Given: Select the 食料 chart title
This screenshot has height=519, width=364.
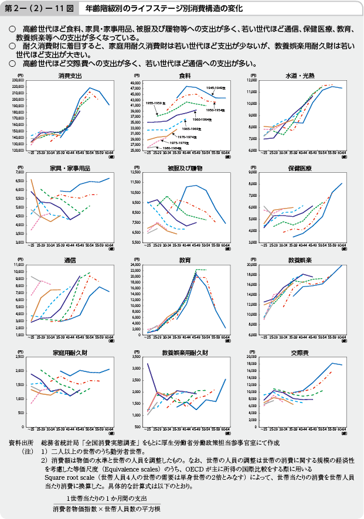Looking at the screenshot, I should [x=185, y=76].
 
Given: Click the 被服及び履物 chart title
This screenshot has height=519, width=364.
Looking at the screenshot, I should [x=185, y=168].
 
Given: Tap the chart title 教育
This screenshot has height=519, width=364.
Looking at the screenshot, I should [x=185, y=259].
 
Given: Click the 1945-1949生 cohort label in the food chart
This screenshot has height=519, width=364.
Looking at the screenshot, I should [x=216, y=87].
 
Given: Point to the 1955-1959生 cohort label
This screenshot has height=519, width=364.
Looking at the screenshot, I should [x=155, y=103].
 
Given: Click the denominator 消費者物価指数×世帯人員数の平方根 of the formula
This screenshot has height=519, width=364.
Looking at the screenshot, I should [x=106, y=508].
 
